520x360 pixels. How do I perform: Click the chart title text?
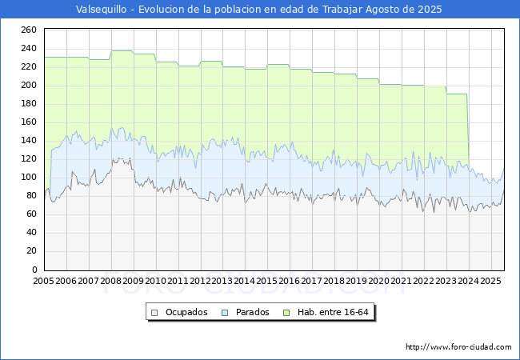(x=258, y=10)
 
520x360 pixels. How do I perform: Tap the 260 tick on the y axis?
(x=29, y=30)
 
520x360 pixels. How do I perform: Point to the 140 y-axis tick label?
(x=29, y=140)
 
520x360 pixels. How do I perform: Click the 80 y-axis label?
(x=31, y=196)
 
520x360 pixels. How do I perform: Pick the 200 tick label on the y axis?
(x=29, y=85)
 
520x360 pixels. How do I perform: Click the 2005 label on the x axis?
(x=43, y=282)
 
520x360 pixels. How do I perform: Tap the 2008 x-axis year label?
(x=110, y=282)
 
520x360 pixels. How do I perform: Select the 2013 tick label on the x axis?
(x=222, y=282)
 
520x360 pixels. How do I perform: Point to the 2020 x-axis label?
(x=379, y=282)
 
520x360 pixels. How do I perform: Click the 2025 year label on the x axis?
(x=490, y=282)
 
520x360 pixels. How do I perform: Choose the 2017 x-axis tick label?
(x=312, y=282)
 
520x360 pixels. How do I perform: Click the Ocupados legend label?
(x=186, y=312)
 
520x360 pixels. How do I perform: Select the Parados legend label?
(x=252, y=312)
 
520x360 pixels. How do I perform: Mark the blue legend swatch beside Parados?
(x=226, y=312)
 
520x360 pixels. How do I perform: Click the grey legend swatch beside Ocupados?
(x=155, y=312)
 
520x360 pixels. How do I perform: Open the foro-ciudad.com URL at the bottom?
(x=458, y=347)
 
